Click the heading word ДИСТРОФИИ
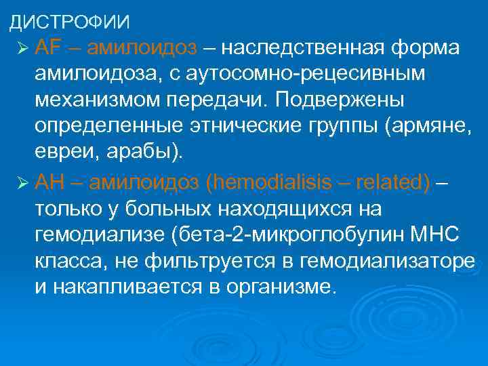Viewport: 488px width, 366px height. [x=68, y=22]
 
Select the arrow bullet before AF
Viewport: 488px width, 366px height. [x=22, y=49]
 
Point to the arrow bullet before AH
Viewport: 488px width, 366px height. [x=22, y=182]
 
